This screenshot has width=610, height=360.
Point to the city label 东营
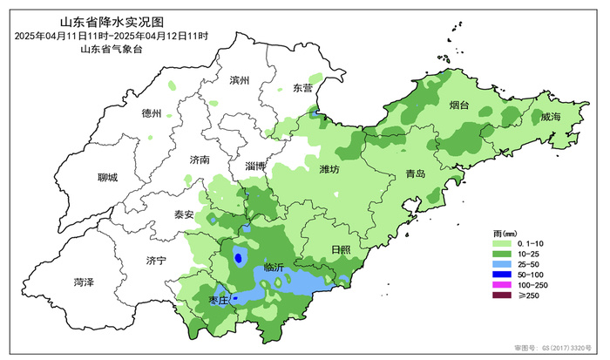[x=302, y=88]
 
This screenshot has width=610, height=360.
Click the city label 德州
[x=152, y=113]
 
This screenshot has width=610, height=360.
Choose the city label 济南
[x=200, y=160]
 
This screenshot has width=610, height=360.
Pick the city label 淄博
[x=255, y=166]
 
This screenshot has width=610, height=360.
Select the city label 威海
[x=550, y=116]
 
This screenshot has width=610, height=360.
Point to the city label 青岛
[x=415, y=174]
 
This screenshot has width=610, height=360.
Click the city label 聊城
[x=107, y=178]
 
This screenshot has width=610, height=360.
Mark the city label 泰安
[x=184, y=214]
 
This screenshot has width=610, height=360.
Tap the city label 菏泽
[x=84, y=282]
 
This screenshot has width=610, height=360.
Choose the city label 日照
[x=341, y=250]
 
